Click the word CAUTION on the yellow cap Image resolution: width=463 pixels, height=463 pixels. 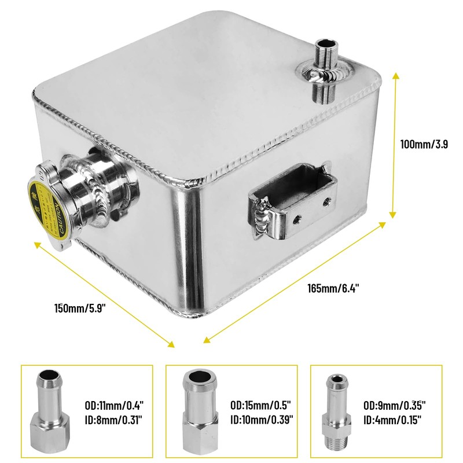coord(57,216)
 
